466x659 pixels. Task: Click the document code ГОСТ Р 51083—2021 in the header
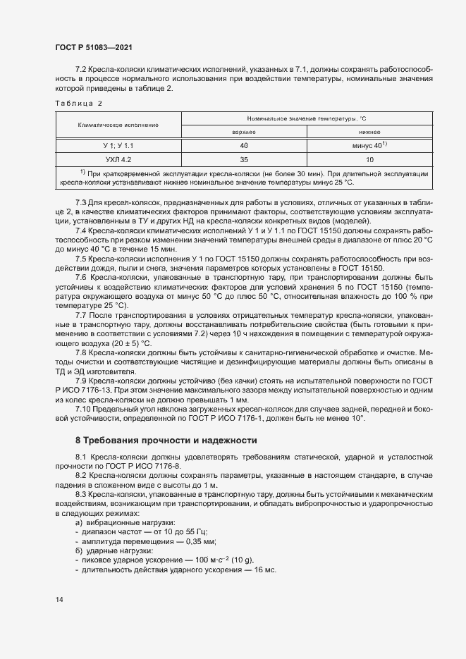(93, 47)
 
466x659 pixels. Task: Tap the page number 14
(59, 599)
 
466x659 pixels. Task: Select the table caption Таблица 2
(78, 103)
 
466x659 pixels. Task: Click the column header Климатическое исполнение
(118, 125)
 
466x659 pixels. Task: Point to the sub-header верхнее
(244, 132)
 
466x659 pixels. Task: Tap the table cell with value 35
(244, 160)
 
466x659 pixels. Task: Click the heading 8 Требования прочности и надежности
(166, 441)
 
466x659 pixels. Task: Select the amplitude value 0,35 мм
(197, 541)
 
